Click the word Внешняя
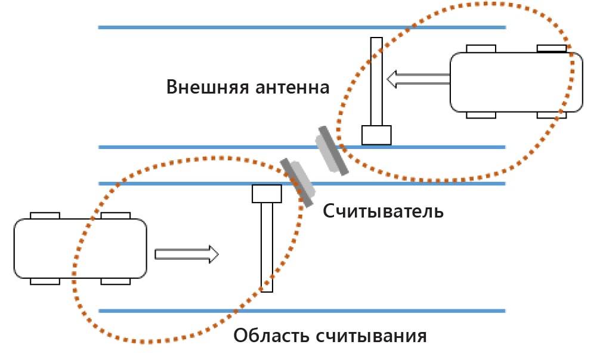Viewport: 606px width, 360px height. click(200, 87)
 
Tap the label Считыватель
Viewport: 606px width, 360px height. click(384, 211)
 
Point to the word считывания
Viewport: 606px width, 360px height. click(371, 336)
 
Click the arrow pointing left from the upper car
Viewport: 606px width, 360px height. click(418, 79)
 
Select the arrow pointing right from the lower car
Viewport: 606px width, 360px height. click(187, 255)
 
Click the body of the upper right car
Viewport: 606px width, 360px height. click(516, 82)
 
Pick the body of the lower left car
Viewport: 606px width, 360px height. click(80, 248)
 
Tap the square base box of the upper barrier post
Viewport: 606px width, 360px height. click(376, 135)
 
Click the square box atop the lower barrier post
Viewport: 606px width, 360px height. click(267, 194)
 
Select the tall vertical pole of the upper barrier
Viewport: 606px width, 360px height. click(376, 81)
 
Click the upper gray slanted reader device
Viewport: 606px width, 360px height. click(332, 151)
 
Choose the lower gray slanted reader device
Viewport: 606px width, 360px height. click(298, 181)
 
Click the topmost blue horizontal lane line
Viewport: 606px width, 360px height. click(301, 27)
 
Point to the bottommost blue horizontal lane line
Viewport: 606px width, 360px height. click(301, 311)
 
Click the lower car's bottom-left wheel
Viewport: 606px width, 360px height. click(45, 281)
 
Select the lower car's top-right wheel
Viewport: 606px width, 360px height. click(116, 215)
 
